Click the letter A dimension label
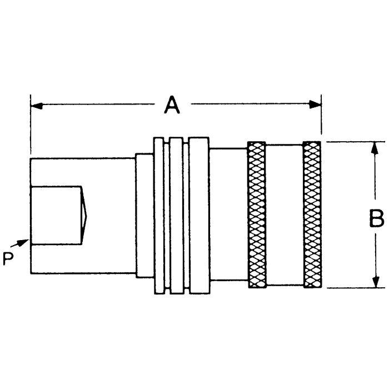[172, 104]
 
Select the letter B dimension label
[376, 218]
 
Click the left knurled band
[257, 215]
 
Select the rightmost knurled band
[312, 215]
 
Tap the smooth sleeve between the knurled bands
[285, 215]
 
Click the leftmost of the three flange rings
[159, 215]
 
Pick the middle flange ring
[177, 215]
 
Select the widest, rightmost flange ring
[198, 215]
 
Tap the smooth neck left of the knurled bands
[228, 215]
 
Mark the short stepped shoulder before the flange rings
[144, 215]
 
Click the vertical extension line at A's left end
[31, 128]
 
